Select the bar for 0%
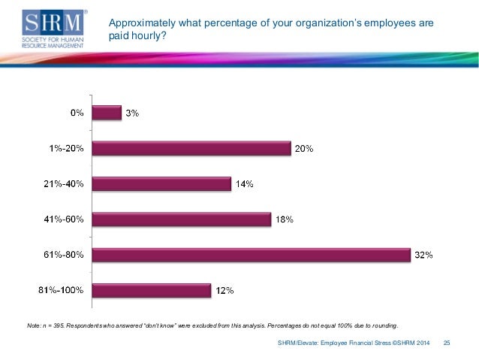coord(106,113)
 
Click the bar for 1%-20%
coord(191,148)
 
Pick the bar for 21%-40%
coord(161,183)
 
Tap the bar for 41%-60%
coord(180,219)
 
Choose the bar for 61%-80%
coord(251,255)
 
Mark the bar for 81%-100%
coord(151,289)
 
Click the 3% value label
coord(132,113)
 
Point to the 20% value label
coord(303,149)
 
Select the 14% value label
coord(244,184)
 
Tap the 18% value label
coord(283,219)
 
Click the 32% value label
coord(424,255)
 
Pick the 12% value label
coord(224,290)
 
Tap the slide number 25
coord(447,343)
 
